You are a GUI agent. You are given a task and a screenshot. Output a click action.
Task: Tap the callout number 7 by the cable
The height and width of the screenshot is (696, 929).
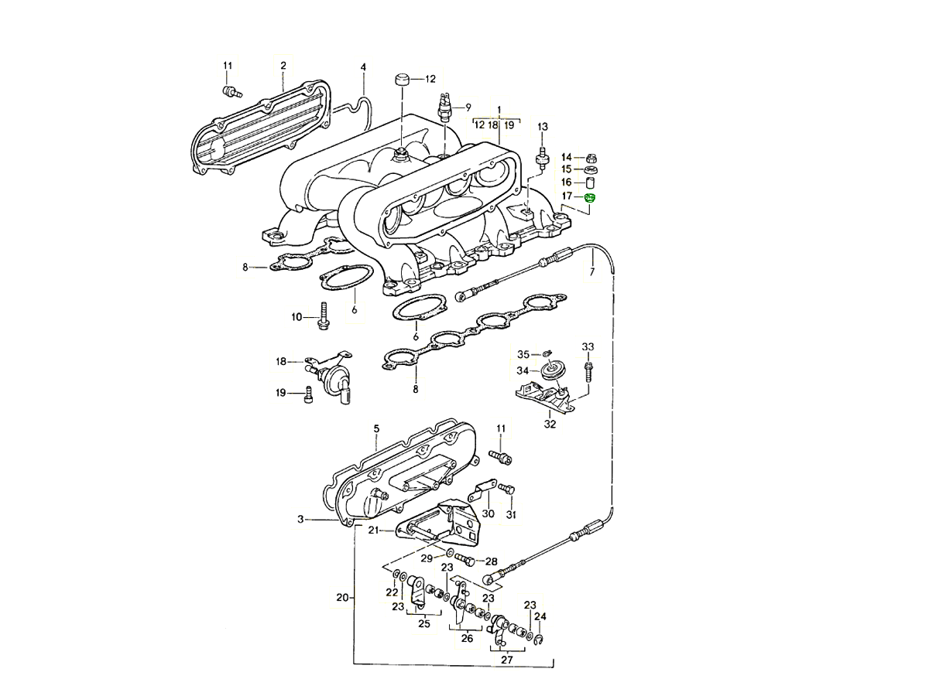coord(592,272)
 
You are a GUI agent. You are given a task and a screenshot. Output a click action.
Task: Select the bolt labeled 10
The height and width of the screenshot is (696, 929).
coord(323,317)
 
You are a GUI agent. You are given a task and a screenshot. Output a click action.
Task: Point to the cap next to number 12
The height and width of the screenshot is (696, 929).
coord(401,80)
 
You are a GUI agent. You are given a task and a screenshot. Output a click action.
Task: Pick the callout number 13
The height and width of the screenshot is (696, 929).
coord(542,127)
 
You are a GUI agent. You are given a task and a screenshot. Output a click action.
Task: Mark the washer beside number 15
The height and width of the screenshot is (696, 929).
coord(588,169)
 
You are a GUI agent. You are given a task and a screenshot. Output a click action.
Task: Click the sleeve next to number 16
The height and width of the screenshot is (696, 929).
coord(588,183)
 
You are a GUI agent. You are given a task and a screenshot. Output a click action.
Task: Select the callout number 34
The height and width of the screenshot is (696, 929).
coord(523,371)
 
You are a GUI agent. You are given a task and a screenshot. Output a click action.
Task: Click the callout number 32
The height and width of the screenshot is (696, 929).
coord(550,424)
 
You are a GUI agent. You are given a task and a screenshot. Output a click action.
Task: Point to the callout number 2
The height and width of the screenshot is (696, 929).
coord(283,66)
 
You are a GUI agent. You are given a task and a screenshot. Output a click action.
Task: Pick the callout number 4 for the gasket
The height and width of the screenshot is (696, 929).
coord(363,67)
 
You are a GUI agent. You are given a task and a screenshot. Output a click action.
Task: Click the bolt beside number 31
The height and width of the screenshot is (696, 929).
coord(507,488)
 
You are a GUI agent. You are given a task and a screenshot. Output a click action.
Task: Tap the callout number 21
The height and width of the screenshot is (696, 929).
coord(373,530)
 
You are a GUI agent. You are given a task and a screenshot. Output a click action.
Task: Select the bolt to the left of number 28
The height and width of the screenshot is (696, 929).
coord(463,558)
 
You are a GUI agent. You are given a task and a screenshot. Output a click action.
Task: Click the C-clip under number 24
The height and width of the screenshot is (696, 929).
coord(540,638)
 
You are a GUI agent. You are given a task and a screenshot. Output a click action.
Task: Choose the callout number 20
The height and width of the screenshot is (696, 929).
coord(342,597)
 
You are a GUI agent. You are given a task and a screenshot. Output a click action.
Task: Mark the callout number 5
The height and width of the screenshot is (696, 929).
coord(376,428)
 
